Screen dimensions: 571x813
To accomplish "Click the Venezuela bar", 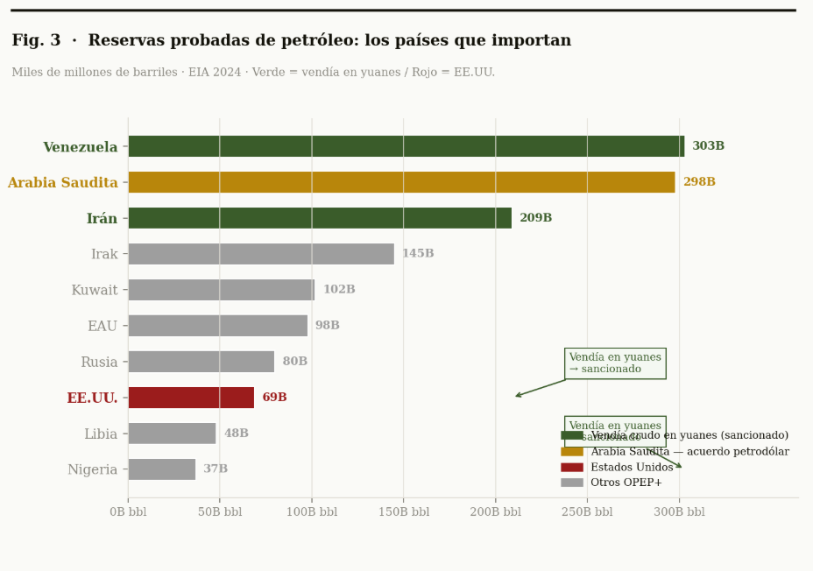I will (406, 146).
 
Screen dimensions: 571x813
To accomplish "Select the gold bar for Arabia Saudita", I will (401, 182).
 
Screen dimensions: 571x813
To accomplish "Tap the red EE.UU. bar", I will (191, 398).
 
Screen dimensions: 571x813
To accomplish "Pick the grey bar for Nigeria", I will (161, 469).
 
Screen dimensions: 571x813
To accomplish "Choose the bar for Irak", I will (261, 254).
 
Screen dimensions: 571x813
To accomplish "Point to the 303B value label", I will (708, 146).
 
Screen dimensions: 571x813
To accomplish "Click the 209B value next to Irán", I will (535, 218).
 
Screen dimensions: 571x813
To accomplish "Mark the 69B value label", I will (274, 398).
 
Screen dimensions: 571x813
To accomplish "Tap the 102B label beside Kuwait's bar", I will (339, 290).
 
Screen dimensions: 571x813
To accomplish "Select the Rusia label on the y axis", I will (99, 362).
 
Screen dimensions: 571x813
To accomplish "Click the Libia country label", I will (101, 434).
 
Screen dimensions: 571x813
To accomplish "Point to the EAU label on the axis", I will (103, 326).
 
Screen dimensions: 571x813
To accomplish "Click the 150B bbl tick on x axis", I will (403, 512).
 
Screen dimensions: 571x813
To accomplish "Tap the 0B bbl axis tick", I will (128, 512).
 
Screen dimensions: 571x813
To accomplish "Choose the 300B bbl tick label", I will (678, 512).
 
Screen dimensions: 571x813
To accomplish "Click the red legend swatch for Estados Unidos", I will (571, 467).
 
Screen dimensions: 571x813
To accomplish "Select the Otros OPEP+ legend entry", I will (626, 483).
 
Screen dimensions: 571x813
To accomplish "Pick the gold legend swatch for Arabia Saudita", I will (571, 451).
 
